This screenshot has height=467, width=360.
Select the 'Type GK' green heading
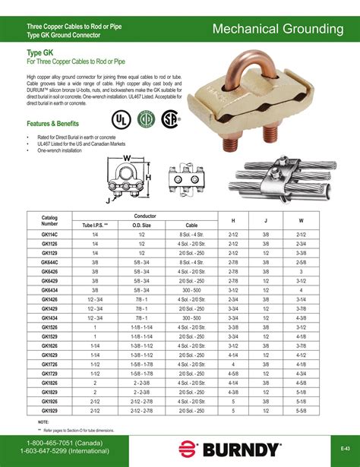tap(39, 53)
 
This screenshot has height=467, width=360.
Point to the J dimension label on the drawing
tap(109, 200)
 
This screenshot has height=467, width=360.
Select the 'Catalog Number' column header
tap(49, 221)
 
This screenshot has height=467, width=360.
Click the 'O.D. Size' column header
tap(142, 226)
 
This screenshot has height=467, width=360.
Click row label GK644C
tap(50, 260)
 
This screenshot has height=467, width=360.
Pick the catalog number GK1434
tap(50, 318)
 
